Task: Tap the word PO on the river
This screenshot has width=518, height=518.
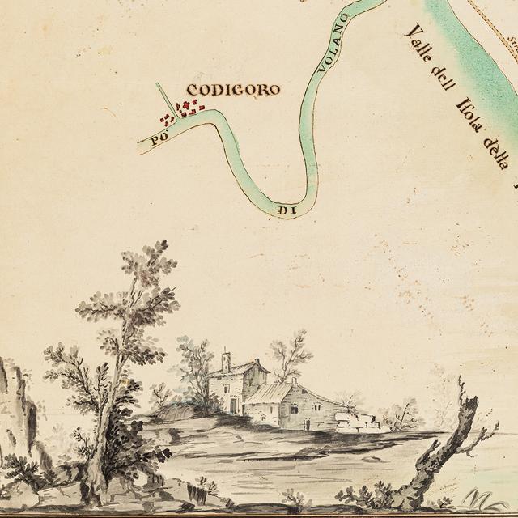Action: (159, 138)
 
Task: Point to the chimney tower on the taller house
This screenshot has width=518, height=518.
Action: (227, 361)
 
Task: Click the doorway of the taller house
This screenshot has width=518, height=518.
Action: (234, 405)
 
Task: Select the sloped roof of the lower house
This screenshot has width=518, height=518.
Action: (270, 393)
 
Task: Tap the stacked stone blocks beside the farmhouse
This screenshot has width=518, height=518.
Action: (357, 422)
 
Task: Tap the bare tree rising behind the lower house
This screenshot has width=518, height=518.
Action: (290, 355)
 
